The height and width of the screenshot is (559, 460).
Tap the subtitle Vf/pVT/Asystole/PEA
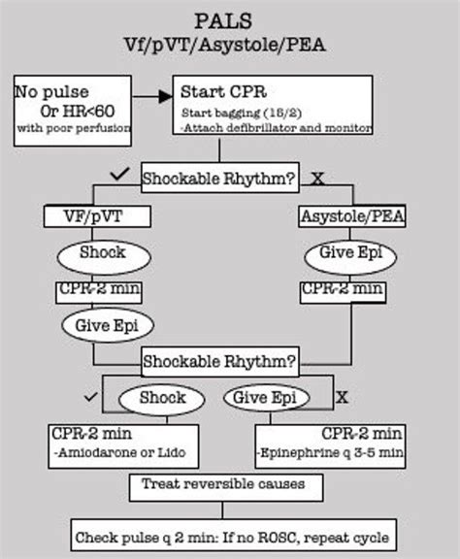(x=231, y=44)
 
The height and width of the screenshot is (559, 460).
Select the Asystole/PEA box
(x=352, y=216)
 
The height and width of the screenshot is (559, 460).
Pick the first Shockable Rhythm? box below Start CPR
(x=219, y=179)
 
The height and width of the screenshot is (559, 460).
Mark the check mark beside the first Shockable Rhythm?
(x=121, y=174)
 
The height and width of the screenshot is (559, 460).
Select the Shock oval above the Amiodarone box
(x=164, y=398)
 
